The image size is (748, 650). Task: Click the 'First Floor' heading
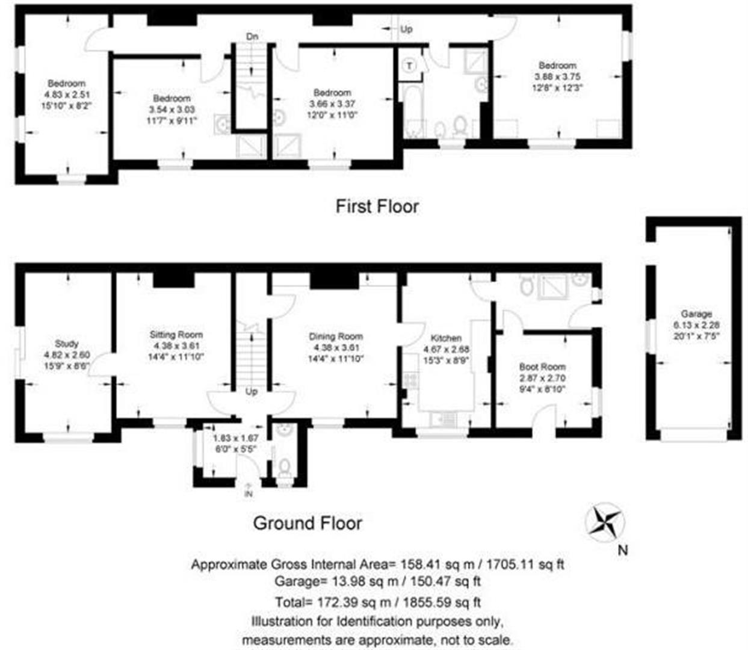(377, 206)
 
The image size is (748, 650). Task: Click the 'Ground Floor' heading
(308, 523)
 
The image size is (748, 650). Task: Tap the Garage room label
(696, 314)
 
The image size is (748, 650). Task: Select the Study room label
(67, 344)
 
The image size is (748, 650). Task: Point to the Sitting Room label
(176, 335)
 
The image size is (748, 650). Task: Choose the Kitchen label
(447, 338)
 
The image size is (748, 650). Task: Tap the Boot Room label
(542, 367)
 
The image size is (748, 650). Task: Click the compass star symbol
(604, 521)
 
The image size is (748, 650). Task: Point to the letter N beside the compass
(623, 549)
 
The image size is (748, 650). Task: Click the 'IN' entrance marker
(248, 494)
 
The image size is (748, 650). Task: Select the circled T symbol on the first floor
(409, 65)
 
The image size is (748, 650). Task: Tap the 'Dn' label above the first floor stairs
(253, 37)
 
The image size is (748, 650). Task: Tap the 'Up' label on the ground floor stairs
(252, 391)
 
